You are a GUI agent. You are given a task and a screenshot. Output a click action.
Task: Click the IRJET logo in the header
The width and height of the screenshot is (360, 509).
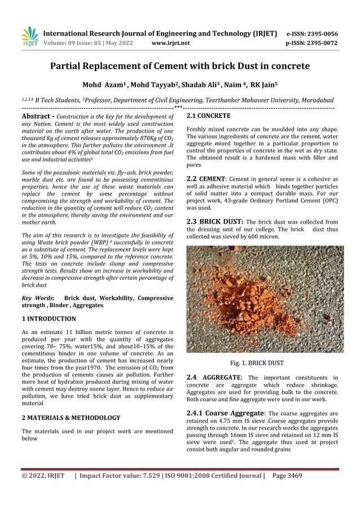click(29, 37)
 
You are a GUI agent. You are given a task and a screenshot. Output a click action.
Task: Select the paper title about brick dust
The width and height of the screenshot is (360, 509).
click(180, 66)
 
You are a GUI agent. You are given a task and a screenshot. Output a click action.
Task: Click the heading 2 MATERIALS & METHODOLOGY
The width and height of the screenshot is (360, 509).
click(71, 418)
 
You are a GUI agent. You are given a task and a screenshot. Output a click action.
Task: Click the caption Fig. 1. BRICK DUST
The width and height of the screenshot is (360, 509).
click(264, 363)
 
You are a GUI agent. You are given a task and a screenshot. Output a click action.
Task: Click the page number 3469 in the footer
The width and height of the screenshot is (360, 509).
click(291, 476)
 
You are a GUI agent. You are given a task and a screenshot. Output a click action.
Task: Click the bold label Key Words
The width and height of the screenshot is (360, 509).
click(37, 297)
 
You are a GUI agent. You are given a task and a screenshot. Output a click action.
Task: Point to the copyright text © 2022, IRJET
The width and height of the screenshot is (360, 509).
click(43, 476)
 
